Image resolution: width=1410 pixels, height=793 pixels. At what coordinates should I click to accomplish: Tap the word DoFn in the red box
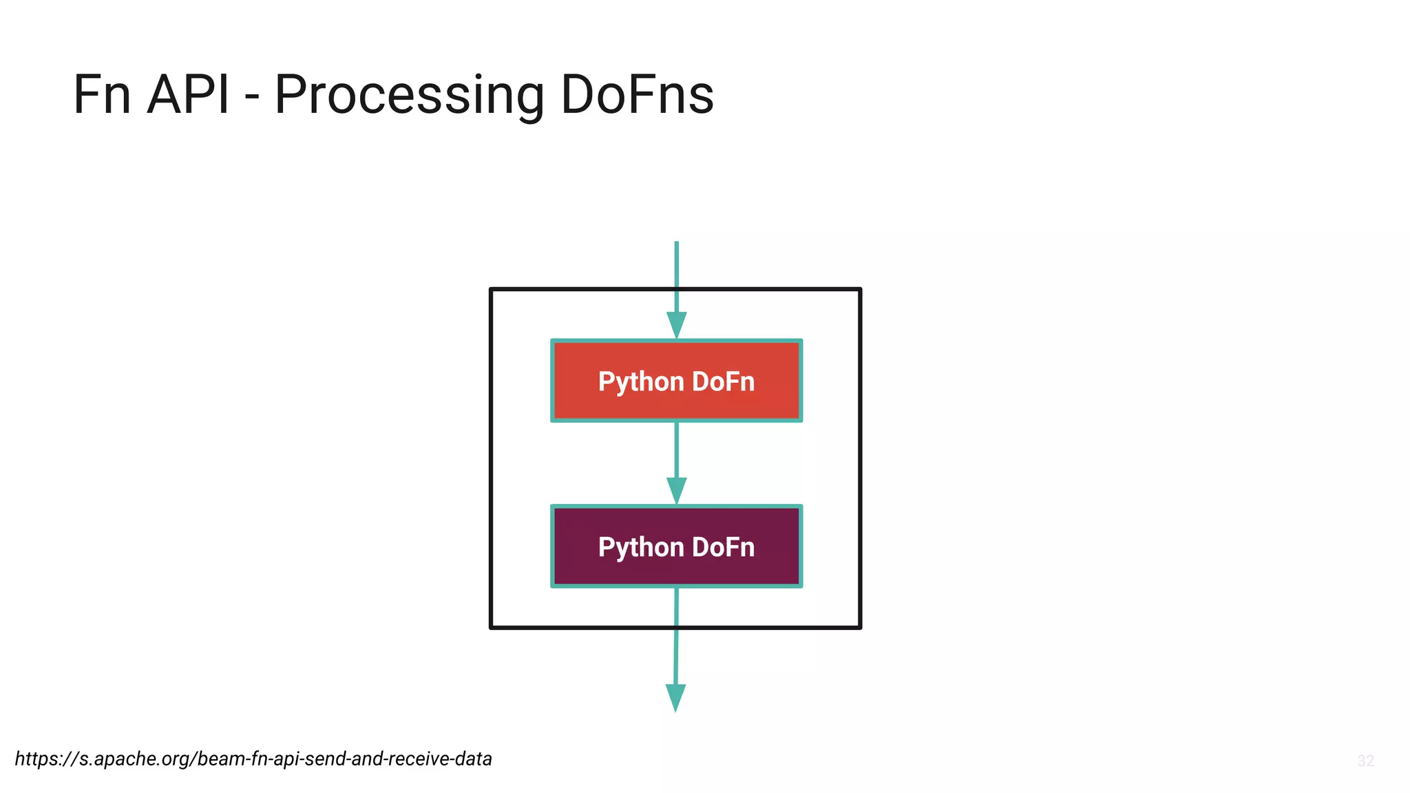[x=723, y=381]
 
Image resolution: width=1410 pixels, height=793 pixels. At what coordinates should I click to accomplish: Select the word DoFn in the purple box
[x=723, y=547]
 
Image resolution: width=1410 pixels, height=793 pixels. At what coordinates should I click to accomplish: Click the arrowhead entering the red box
[x=676, y=325]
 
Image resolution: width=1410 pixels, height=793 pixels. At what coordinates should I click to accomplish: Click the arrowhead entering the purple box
[x=676, y=490]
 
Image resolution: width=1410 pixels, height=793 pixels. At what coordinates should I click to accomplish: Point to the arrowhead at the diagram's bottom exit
[x=675, y=697]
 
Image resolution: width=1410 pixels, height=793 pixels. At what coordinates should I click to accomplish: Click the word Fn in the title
[x=102, y=95]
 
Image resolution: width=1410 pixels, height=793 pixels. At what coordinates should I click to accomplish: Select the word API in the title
[x=187, y=95]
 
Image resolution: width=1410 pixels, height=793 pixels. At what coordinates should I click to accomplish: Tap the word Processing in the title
[x=409, y=95]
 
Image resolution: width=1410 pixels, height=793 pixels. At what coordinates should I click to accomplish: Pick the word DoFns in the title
[x=637, y=95]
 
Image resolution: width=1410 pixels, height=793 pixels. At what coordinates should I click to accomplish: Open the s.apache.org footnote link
[x=253, y=759]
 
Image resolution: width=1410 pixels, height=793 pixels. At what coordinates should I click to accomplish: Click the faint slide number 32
[x=1365, y=761]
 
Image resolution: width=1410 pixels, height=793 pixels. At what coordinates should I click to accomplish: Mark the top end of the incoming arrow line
[x=676, y=243]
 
